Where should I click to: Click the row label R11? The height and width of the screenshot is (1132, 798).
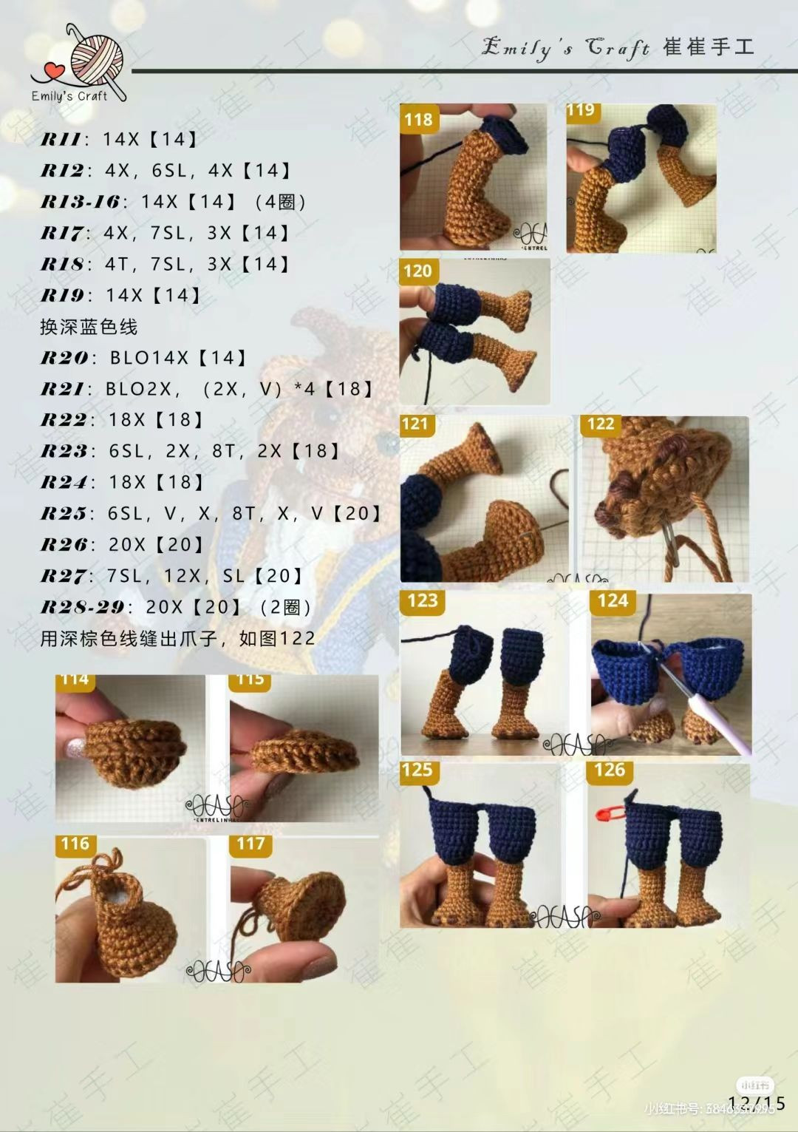pyautogui.click(x=61, y=139)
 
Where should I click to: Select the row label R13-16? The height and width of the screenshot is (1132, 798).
pyautogui.click(x=80, y=201)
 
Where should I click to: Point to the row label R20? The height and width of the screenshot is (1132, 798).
pyautogui.click(x=64, y=358)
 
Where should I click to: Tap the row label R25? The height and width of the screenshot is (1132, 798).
pyautogui.click(x=64, y=513)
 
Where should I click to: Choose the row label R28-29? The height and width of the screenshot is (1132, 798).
pyautogui.click(x=82, y=607)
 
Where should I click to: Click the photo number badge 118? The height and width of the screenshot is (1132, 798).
pyautogui.click(x=418, y=119)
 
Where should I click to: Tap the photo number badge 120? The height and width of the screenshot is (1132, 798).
pyautogui.click(x=417, y=271)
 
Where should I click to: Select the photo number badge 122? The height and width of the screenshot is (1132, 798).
pyautogui.click(x=601, y=424)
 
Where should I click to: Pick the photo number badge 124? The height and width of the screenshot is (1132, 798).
pyautogui.click(x=613, y=600)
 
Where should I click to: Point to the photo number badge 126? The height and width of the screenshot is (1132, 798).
pyautogui.click(x=610, y=770)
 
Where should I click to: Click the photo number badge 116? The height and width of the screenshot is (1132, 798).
pyautogui.click(x=75, y=844)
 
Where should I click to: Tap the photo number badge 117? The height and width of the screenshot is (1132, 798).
pyautogui.click(x=250, y=844)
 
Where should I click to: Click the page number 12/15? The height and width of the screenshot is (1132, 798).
pyautogui.click(x=756, y=1103)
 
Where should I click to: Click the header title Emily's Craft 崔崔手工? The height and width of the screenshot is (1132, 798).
pyautogui.click(x=618, y=47)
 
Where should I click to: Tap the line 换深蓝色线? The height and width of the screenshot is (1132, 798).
pyautogui.click(x=89, y=327)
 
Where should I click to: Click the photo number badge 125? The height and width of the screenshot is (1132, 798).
pyautogui.click(x=417, y=770)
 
